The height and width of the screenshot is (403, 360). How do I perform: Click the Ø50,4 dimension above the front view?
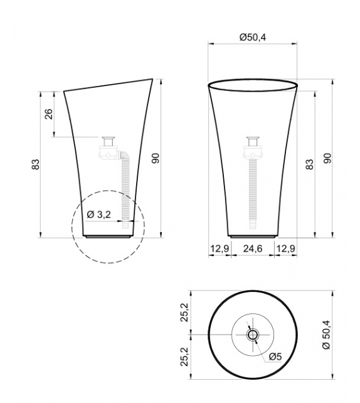click(x=252, y=38)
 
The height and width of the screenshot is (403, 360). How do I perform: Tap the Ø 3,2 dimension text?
click(x=99, y=215)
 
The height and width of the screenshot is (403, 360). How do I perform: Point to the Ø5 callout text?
click(x=275, y=356)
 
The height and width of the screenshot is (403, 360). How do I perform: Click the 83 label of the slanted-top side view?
click(x=35, y=164)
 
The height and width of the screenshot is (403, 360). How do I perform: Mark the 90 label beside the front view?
click(x=326, y=159)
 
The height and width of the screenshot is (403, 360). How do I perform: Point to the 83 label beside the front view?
click(x=309, y=164)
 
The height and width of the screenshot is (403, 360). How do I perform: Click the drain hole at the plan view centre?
click(x=252, y=335)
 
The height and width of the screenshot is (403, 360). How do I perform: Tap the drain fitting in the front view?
click(x=254, y=142)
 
